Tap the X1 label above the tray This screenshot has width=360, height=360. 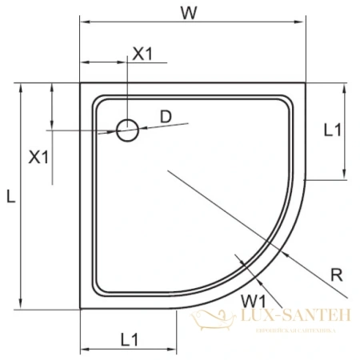142,54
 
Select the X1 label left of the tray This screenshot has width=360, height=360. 38,157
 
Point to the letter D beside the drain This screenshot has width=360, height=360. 166,116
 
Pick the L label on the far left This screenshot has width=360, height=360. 8,194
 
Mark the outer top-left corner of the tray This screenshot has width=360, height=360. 81,82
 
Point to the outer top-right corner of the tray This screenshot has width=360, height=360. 307,82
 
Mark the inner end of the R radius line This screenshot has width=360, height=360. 166,170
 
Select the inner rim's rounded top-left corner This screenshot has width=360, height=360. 98,100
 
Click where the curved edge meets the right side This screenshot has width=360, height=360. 307,180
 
